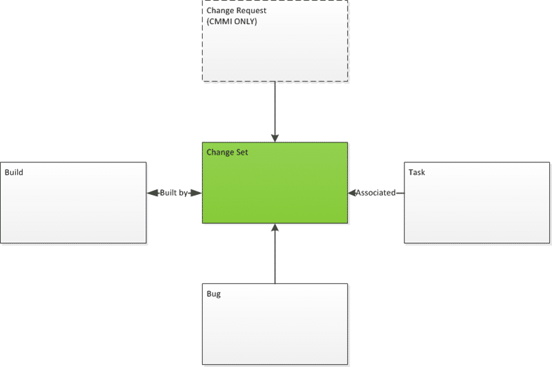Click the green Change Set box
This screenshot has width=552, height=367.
click(275, 182)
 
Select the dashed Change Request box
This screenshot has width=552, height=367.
click(275, 41)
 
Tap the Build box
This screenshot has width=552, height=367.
click(73, 203)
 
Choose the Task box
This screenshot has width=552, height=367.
click(477, 203)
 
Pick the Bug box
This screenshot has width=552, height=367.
click(275, 324)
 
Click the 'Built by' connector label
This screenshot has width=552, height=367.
click(174, 193)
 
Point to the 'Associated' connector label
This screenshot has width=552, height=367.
click(375, 193)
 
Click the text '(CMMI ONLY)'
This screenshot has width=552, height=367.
click(232, 21)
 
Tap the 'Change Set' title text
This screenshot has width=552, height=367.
click(227, 152)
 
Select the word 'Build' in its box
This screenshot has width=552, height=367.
click(14, 172)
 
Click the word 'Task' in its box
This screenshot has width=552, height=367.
click(417, 172)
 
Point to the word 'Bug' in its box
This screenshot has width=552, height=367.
click(214, 294)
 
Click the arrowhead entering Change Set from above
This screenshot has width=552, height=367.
click(275, 138)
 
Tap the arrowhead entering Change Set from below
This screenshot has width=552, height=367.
click(275, 227)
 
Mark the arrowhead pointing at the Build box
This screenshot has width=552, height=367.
click(152, 193)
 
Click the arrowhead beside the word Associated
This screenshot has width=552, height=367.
click(352, 193)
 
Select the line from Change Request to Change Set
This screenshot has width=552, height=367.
click(275, 112)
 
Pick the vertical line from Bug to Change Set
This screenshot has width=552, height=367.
click(275, 254)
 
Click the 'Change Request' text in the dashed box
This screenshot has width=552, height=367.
click(236, 10)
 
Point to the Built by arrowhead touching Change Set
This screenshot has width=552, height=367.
click(197, 193)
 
